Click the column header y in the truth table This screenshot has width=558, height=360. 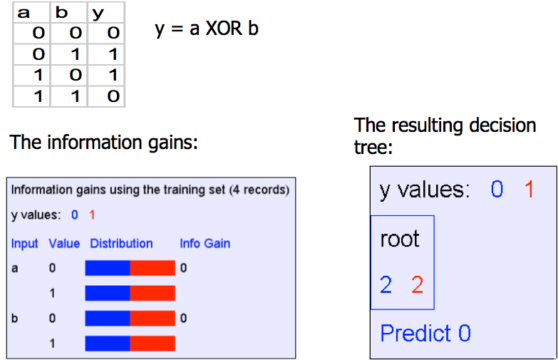click(x=98, y=14)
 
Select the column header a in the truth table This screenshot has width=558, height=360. click(x=24, y=13)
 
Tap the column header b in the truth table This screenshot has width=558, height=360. click(x=61, y=12)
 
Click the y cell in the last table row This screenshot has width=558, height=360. click(x=113, y=96)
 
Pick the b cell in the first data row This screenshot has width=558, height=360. click(x=76, y=33)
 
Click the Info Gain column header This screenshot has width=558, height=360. click(x=205, y=243)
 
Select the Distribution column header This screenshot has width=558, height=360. click(x=121, y=243)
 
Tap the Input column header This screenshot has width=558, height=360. click(x=24, y=244)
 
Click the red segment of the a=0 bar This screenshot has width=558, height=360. click(x=153, y=268)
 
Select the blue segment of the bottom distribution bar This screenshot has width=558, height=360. click(x=108, y=344)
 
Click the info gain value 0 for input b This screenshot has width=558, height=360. click(x=183, y=318)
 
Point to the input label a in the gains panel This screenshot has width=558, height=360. click(x=14, y=268)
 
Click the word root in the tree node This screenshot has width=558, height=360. click(x=400, y=239)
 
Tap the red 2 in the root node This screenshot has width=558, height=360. click(x=418, y=285)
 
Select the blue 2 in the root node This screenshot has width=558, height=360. click(x=386, y=285)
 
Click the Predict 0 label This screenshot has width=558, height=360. click(x=425, y=334)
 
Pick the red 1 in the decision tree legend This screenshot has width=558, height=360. click(x=529, y=189)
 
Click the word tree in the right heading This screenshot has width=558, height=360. click(x=373, y=148)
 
